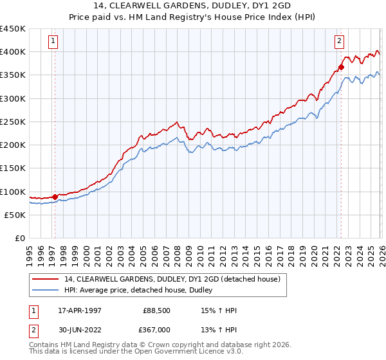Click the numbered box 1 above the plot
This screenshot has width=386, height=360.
52,42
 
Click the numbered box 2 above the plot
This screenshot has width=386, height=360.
339,42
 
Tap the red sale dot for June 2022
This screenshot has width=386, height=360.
342,66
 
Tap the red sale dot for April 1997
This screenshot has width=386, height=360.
55,197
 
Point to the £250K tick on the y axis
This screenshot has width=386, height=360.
13,122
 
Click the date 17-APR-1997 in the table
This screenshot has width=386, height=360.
78,310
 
